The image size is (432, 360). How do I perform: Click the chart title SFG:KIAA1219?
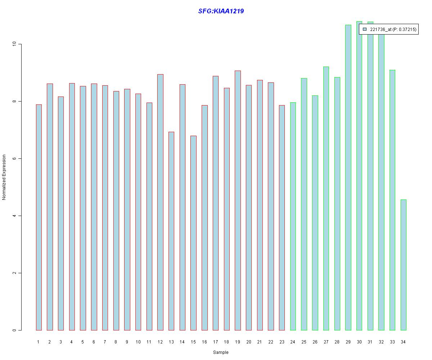click(x=221, y=11)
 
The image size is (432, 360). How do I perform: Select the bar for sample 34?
click(x=403, y=265)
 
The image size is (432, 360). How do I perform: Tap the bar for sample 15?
click(x=193, y=233)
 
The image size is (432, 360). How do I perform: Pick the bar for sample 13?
click(x=171, y=231)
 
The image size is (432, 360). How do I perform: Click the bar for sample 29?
click(x=348, y=177)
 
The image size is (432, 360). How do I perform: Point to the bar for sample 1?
click(x=39, y=217)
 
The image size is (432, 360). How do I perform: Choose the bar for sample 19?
click(x=238, y=201)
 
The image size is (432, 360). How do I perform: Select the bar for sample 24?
click(x=293, y=216)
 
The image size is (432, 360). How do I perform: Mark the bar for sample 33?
click(x=392, y=200)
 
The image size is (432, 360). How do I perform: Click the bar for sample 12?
click(x=160, y=202)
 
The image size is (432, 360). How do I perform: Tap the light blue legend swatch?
click(x=365, y=29)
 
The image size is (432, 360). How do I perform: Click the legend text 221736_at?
click(x=381, y=30)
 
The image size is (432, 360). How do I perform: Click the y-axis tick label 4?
click(x=14, y=216)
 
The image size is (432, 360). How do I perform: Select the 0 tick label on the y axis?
click(x=14, y=330)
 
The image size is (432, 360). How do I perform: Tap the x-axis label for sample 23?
click(x=282, y=342)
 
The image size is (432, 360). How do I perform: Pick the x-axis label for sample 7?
click(x=105, y=342)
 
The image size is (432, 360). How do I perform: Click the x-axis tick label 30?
click(x=359, y=342)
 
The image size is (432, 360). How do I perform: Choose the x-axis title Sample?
click(x=221, y=352)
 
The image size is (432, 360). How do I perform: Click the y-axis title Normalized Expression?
click(x=4, y=177)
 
